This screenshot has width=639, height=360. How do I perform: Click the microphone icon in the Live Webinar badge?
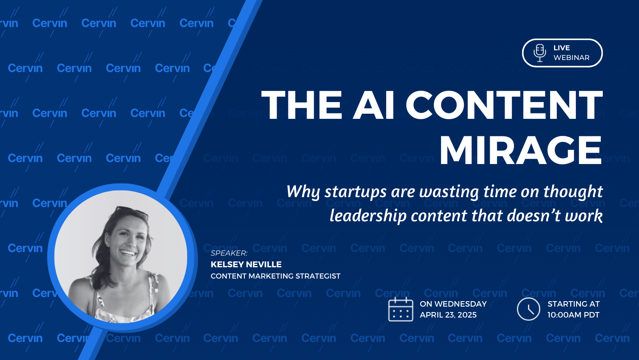click(x=540, y=53)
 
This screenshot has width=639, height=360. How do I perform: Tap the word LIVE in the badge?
click(x=562, y=48)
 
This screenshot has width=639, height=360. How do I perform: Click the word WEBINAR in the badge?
click(x=571, y=58)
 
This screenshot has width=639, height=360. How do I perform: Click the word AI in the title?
click(x=374, y=105)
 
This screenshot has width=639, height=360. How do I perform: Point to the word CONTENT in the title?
click(x=504, y=105)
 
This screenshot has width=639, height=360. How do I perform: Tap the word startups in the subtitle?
click(x=355, y=192)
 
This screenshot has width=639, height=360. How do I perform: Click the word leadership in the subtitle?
click(x=368, y=216)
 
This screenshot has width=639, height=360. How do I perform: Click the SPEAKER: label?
click(x=229, y=253)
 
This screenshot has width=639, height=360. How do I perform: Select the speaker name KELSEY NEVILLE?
click(x=246, y=265)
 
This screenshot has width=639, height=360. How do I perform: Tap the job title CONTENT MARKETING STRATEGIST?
click(x=275, y=276)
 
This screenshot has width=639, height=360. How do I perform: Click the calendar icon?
click(x=401, y=309)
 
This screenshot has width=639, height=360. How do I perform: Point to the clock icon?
click(x=528, y=309)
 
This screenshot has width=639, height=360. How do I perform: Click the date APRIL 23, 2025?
click(x=448, y=315)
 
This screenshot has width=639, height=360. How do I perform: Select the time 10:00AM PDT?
click(x=574, y=315)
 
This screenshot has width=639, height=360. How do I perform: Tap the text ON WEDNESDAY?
click(x=453, y=304)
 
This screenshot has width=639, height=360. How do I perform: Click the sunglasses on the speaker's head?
click(x=132, y=212)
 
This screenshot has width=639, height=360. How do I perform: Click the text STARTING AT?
click(x=574, y=304)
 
